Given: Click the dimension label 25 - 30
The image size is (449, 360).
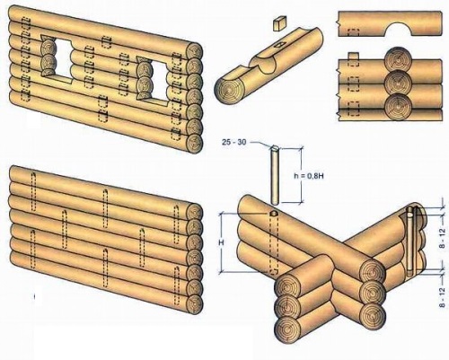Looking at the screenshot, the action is click(x=233, y=142).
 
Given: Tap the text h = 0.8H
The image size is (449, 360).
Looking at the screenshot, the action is click(x=309, y=176).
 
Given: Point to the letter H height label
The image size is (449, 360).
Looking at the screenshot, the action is click(x=222, y=242).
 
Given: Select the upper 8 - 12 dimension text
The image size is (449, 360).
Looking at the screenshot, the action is click(x=443, y=236).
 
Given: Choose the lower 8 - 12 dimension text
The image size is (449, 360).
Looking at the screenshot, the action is click(x=443, y=298).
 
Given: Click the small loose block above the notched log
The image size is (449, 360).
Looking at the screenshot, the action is click(x=280, y=23).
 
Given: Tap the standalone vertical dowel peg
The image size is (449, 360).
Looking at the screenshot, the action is click(x=275, y=174).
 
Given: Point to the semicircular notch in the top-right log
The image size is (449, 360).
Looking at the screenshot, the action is click(x=401, y=29).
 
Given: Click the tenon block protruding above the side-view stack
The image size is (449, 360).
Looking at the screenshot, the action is click(x=354, y=56).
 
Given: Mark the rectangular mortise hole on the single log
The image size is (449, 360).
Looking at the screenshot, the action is click(x=279, y=46).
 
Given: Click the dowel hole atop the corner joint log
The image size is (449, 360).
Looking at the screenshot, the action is click(x=273, y=214).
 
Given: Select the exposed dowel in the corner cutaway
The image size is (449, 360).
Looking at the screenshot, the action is click(x=409, y=242).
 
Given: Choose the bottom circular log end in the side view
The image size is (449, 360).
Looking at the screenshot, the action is click(x=397, y=107).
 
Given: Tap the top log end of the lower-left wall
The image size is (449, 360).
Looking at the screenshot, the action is click(x=195, y=213).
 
